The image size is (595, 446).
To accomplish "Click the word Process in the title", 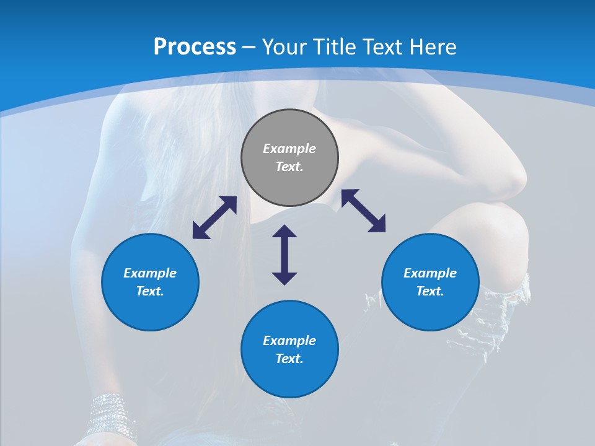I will pyautogui.click(x=195, y=47).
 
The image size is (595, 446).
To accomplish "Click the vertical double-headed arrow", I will pyautogui.click(x=284, y=255).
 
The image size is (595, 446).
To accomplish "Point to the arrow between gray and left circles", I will pyautogui.click(x=214, y=217).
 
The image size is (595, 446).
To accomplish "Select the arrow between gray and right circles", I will pyautogui.click(x=363, y=211).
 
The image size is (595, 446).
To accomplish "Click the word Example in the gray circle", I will pyautogui.click(x=289, y=149).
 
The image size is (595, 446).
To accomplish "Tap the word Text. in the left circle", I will pyautogui.click(x=150, y=291).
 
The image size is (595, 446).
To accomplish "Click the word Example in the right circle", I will pyautogui.click(x=430, y=273).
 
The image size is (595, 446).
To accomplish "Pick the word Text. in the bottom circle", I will pyautogui.click(x=289, y=359).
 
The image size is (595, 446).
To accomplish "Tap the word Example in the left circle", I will pyautogui.click(x=150, y=273).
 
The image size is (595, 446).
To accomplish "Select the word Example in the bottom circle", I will pyautogui.click(x=289, y=341).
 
